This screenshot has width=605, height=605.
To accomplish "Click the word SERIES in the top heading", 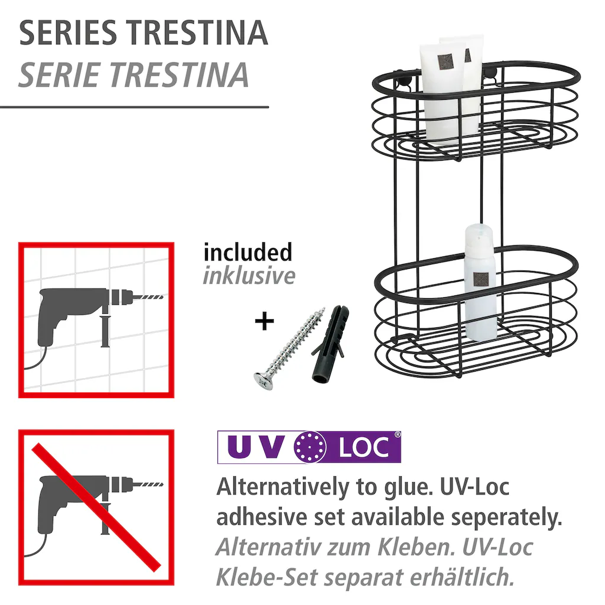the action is coord(68,33).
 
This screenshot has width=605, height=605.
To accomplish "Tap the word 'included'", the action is coord(248,252).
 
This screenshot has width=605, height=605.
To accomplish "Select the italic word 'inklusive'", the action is coord(249,276).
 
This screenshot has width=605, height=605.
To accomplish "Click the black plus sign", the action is coord(264,321).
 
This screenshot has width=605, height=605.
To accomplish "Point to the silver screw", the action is coord(290,348).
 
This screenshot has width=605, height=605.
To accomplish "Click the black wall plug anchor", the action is coord(329,344).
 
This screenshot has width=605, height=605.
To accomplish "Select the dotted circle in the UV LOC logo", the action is coord(310,447).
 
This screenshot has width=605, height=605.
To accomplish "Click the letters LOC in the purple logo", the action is coord(363,448).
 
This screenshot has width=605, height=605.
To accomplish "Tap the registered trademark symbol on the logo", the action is coord(397,435).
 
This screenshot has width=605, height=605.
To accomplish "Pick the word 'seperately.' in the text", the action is coord(506,518).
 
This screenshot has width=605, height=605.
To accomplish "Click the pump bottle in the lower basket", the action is coord(480,282).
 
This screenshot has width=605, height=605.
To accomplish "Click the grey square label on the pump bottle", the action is coord(480,279).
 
